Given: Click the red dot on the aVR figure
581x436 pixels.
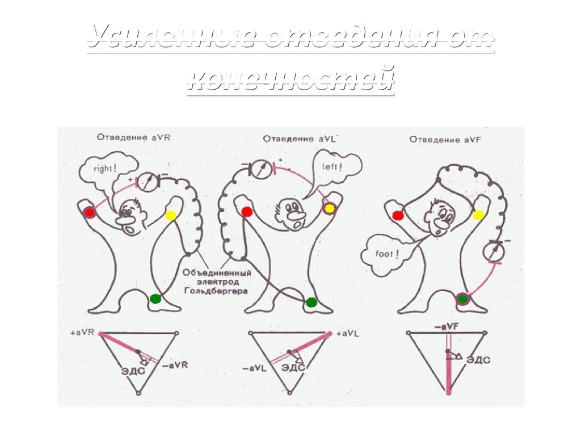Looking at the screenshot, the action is tap(89, 212).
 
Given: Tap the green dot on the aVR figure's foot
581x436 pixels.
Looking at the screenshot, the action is tap(155, 298).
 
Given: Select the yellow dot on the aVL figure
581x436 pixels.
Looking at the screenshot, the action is tap(329, 208).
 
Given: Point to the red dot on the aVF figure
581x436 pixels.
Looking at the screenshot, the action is tap(398, 215).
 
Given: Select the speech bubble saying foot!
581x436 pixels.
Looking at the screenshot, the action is tap(388, 255).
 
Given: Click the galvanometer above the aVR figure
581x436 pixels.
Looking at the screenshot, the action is tap(147, 180).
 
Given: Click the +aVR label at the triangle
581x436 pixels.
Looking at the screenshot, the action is tap(82, 331).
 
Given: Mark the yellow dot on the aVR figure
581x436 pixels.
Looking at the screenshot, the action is tap(171, 215).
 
